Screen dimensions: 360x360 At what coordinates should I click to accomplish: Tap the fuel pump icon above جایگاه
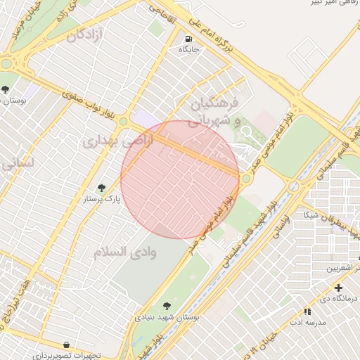coord(188,39)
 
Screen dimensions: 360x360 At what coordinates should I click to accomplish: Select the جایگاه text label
coord(189,50)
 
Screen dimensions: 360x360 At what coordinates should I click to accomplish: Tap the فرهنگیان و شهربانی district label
coord(215,112)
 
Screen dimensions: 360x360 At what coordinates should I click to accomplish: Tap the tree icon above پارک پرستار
coord(103,188)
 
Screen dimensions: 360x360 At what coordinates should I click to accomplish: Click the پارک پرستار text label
coord(103,199)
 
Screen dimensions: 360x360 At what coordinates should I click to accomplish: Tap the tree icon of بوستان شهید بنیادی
coord(167,306)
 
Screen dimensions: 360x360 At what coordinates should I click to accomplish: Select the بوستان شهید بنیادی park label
coord(167,317)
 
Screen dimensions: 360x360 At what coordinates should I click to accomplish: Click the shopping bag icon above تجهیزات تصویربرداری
coord(66,345)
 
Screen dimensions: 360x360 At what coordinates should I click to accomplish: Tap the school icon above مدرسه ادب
coord(307,311)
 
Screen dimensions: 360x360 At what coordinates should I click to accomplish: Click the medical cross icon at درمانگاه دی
coord(339,288)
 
